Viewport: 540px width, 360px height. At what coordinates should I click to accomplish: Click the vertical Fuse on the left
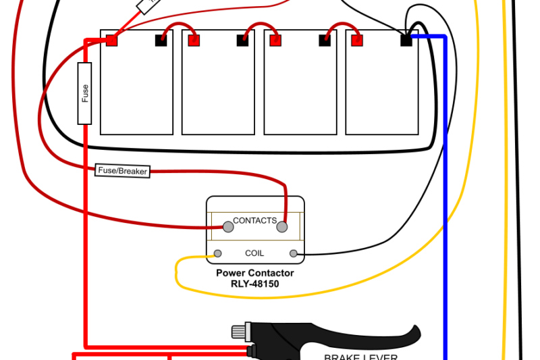(85, 93)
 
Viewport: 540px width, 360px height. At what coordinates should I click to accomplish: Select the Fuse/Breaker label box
(122, 171)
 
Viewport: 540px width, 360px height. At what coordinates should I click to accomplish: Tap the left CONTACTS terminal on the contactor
(228, 228)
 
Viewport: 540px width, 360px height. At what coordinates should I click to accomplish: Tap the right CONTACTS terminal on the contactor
(282, 228)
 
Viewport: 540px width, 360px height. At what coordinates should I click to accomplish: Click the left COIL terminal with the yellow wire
(217, 254)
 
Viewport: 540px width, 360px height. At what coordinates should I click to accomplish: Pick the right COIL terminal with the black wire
(294, 254)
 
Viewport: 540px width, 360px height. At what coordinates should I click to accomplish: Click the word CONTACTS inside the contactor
(254, 220)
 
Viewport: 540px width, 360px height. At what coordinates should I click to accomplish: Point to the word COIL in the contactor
(254, 253)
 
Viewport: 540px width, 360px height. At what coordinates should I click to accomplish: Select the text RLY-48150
(254, 284)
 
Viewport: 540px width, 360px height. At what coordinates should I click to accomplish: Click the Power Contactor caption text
(254, 274)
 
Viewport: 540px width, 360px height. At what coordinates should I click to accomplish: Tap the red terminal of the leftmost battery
(112, 41)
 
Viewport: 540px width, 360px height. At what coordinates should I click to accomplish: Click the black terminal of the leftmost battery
(161, 41)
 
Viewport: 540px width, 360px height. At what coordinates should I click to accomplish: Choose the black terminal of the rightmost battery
(406, 41)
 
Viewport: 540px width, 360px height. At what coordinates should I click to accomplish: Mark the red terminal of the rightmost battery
(357, 41)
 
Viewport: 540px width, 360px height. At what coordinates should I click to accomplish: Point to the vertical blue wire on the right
(445, 203)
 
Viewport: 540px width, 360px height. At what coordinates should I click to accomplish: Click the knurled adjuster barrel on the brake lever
(240, 332)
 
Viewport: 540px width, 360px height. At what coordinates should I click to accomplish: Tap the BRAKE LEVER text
(360, 357)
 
